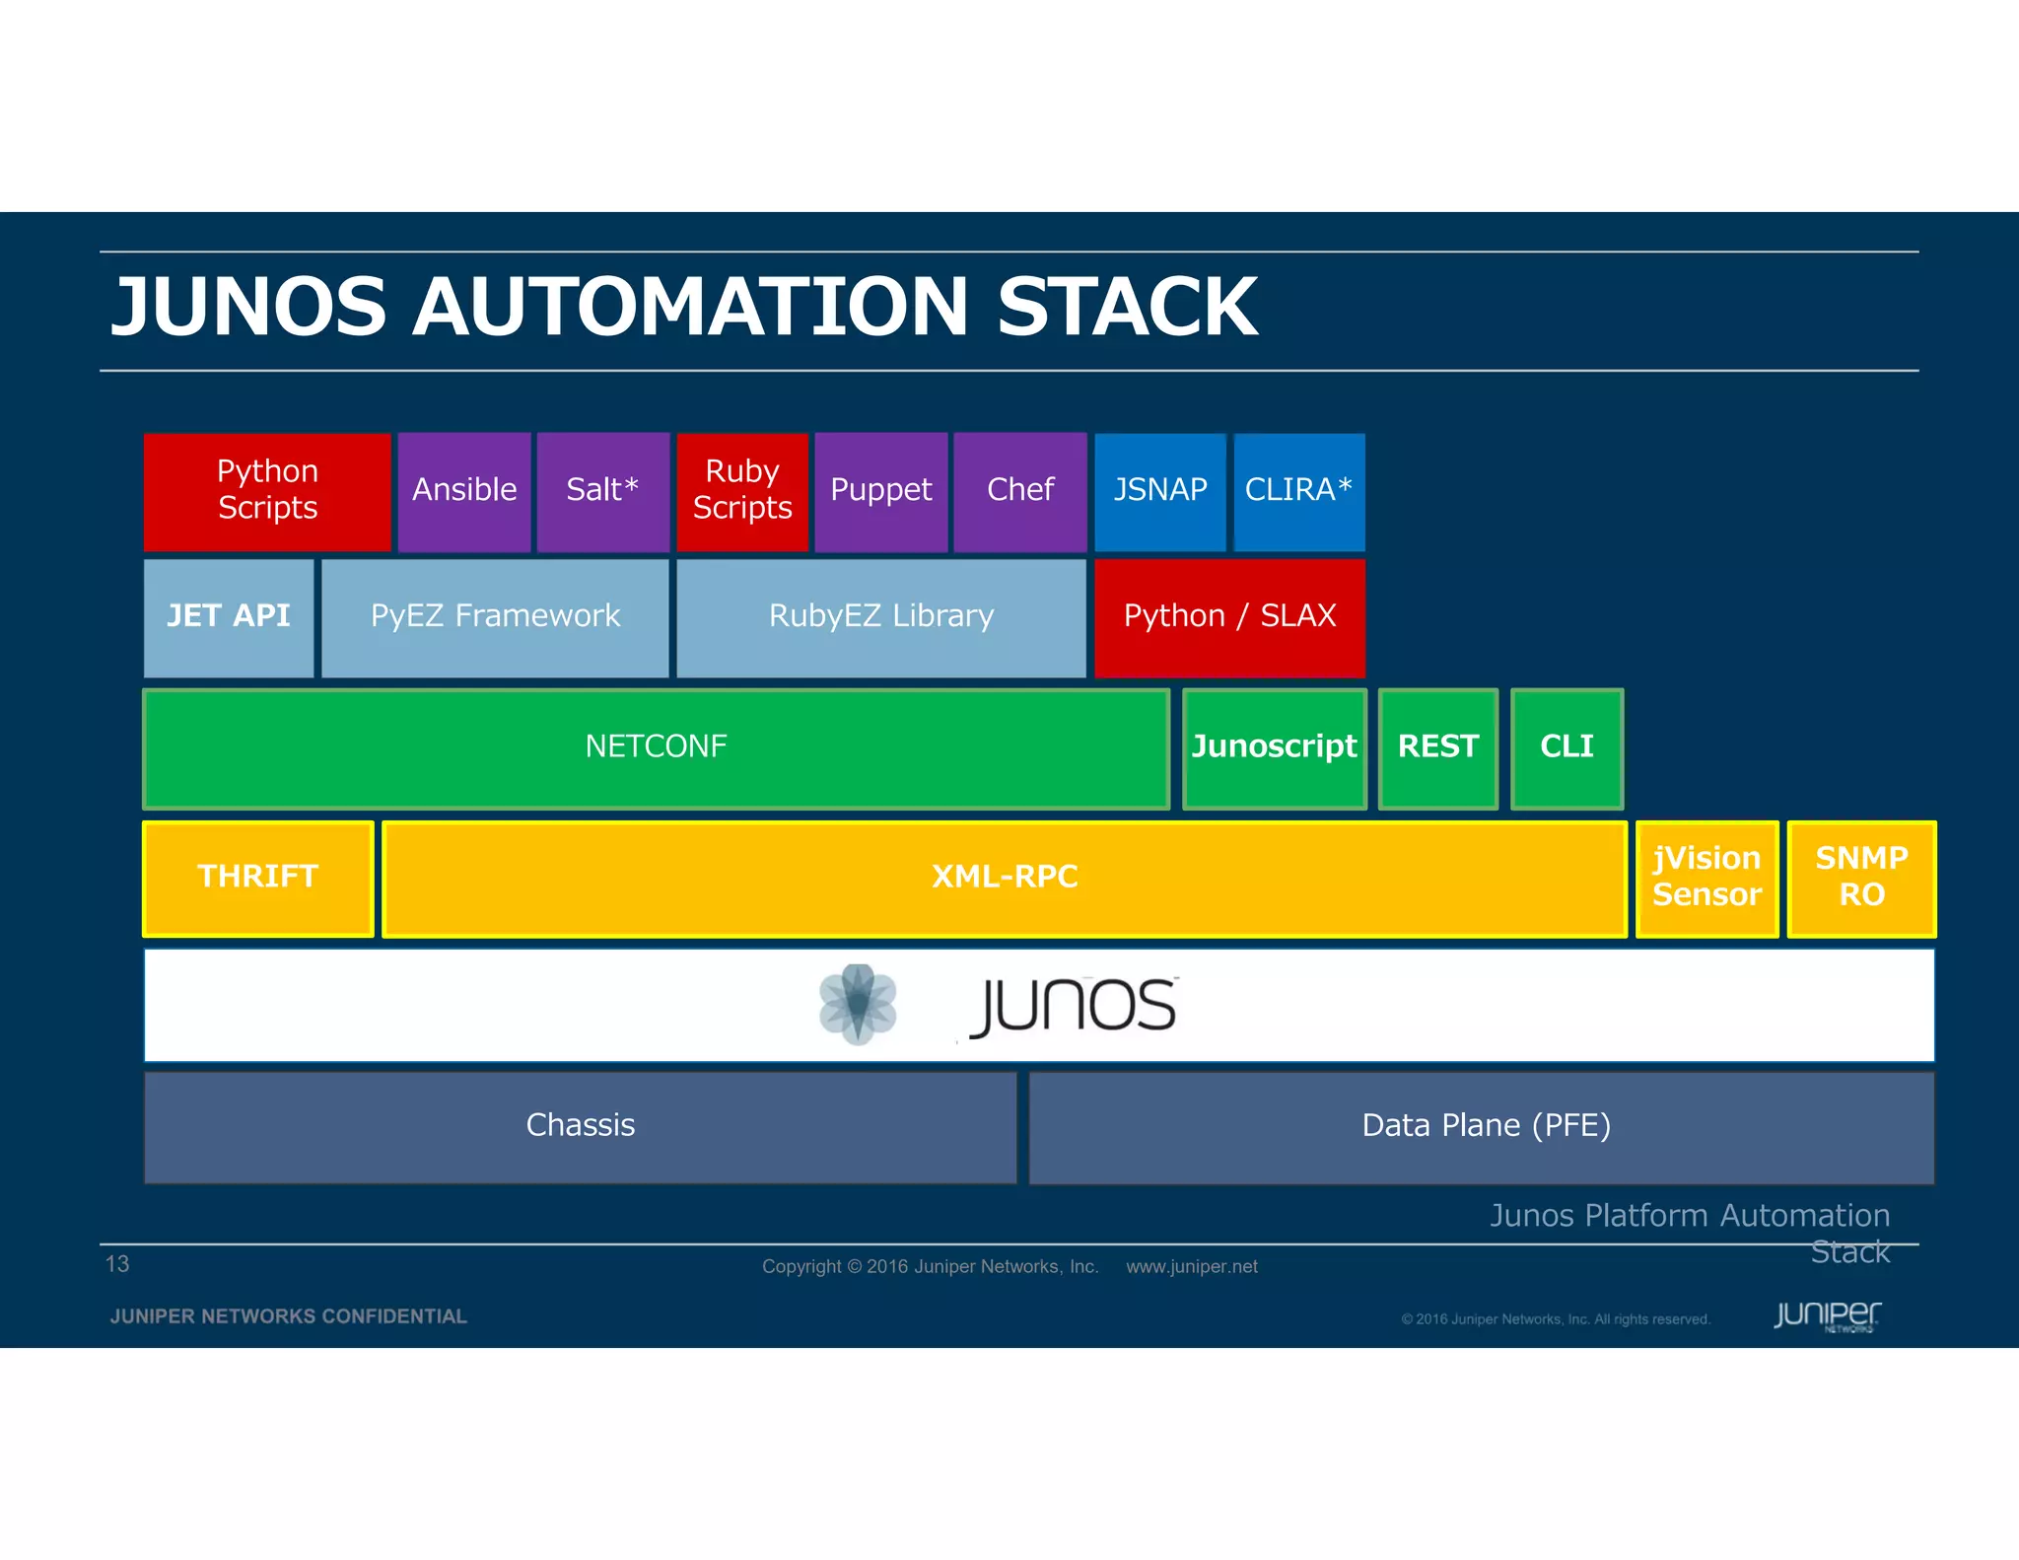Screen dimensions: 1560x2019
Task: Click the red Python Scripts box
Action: (267, 490)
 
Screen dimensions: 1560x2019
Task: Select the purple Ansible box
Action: (464, 490)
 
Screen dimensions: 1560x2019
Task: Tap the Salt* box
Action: (602, 490)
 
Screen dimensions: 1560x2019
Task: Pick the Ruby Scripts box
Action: (742, 490)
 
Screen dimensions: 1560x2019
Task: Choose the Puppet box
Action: (880, 490)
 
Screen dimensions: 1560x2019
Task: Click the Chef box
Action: (1020, 490)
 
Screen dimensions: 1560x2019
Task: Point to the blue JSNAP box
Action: (1160, 490)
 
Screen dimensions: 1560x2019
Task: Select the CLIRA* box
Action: (1298, 490)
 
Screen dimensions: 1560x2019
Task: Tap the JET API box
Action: (229, 617)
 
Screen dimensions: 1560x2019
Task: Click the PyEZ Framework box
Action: (495, 617)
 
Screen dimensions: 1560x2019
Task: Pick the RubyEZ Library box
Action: (881, 617)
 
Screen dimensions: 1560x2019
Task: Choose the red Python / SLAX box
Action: (1229, 617)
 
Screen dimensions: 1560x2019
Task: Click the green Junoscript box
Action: (1274, 747)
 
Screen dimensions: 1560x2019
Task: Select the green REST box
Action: (1438, 747)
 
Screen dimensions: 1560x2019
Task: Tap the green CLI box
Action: (1566, 747)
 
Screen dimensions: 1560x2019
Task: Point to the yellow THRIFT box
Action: (258, 878)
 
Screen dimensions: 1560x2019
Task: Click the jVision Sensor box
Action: (1706, 878)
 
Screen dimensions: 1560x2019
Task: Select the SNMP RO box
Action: (1861, 878)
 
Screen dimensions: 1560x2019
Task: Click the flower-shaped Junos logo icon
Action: (858, 1004)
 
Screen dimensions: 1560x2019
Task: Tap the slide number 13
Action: (117, 1264)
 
